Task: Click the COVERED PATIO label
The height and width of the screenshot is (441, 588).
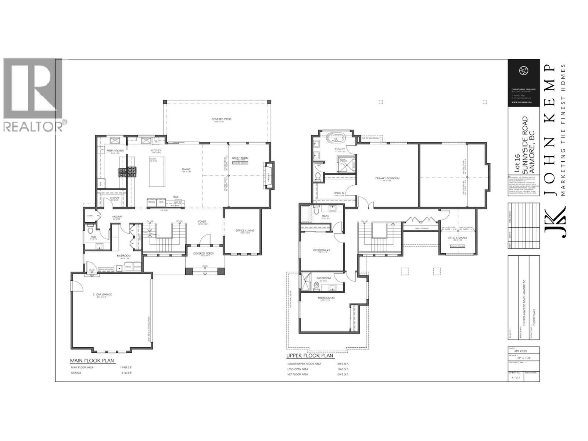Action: click(221, 119)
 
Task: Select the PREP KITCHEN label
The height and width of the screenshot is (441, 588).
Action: click(115, 151)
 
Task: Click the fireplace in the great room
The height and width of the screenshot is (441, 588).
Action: click(269, 176)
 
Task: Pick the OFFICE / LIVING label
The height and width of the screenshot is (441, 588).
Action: click(245, 231)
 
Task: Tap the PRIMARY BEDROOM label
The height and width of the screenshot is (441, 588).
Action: click(387, 179)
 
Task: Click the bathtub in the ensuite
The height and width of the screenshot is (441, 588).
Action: click(335, 139)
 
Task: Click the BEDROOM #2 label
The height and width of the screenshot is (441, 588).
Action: click(322, 250)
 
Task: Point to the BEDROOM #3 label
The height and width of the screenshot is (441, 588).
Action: click(326, 298)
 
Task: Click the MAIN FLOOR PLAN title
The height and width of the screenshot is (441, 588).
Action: click(92, 361)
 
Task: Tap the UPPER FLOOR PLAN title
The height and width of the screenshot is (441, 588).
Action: click(309, 356)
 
